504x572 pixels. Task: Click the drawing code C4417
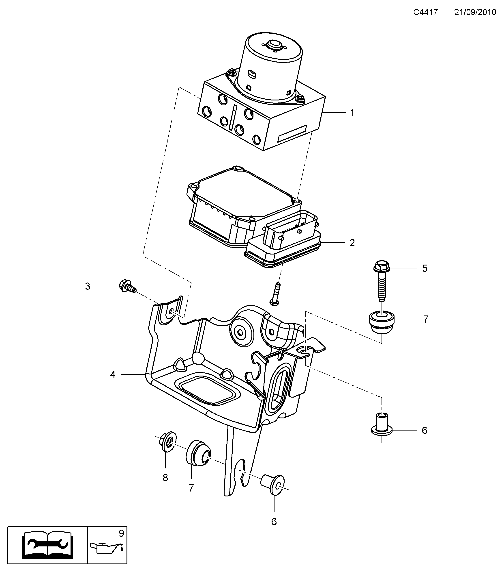(x=425, y=12)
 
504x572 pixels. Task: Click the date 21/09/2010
(x=475, y=12)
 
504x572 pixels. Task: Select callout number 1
(x=352, y=113)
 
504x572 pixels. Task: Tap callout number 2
(x=352, y=243)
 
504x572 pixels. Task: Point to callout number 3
(x=88, y=286)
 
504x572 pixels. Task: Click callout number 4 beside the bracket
(x=113, y=374)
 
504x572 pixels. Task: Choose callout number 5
(x=424, y=268)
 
